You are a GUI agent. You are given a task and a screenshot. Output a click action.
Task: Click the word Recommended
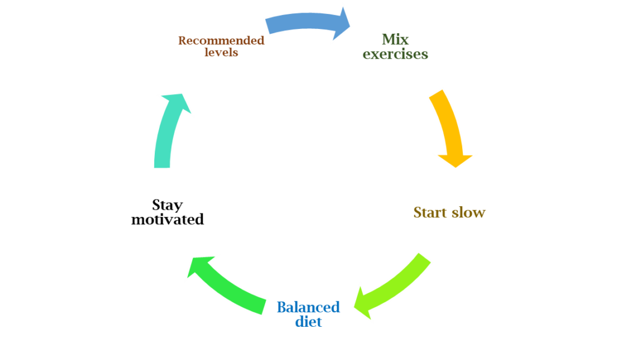[221, 40]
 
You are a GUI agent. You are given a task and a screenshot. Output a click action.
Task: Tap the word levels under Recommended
[221, 52]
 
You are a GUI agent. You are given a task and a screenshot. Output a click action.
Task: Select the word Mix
[395, 40]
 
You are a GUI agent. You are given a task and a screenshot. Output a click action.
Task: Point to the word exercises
[395, 54]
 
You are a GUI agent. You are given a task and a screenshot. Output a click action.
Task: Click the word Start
[430, 212]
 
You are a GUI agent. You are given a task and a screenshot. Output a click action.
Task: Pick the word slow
[469, 212]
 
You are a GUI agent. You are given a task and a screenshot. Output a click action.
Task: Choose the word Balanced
[308, 307]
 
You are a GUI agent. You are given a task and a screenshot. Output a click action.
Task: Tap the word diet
[308, 321]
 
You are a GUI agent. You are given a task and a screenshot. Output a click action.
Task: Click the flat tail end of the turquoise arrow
[163, 168]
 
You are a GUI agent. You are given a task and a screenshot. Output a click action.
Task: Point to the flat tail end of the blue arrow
[266, 26]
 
